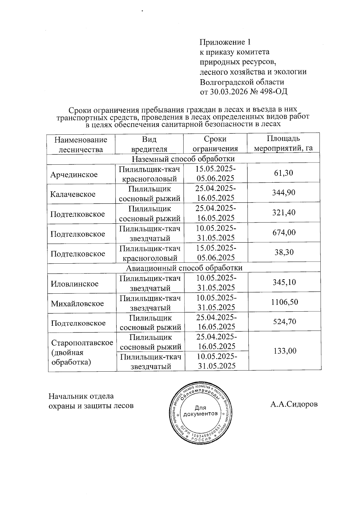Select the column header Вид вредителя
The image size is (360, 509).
149,144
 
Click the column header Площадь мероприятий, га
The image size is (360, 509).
283,143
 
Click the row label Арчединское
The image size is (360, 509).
74,175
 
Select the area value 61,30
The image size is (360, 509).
283,173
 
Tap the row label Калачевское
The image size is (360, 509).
73,194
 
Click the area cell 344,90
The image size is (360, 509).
283,193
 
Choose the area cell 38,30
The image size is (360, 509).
284,252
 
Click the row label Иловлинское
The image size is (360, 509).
74,284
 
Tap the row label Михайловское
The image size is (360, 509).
77,304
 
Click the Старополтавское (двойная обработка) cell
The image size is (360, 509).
82,352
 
